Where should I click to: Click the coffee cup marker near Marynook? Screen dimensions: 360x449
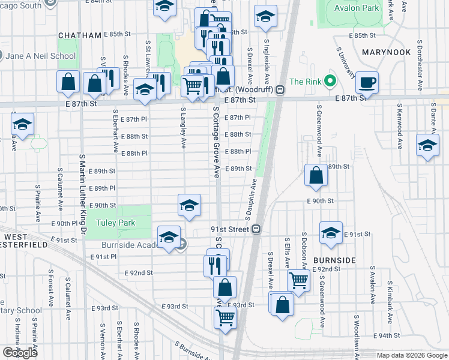(x=367, y=82)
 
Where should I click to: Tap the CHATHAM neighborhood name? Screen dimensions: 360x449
(x=80, y=35)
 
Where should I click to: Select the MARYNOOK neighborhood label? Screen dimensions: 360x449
(x=387, y=52)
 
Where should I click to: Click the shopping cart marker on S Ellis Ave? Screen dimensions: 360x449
(x=298, y=279)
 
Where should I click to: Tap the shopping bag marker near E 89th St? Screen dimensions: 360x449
(x=316, y=175)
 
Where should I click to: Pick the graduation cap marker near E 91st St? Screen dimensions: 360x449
(x=331, y=233)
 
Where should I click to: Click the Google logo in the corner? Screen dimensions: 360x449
(x=20, y=353)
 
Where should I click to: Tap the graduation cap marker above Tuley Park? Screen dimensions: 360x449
(x=189, y=205)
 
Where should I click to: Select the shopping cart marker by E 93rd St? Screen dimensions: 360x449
(x=224, y=317)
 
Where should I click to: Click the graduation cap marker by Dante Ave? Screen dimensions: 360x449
(x=427, y=145)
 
